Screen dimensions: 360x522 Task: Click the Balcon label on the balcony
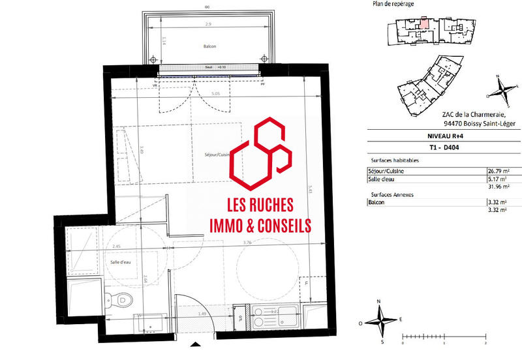[209, 46]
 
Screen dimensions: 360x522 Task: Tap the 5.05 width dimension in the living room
[216, 93]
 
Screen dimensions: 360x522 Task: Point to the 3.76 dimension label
[247, 243]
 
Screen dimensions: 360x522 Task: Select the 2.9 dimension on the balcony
[207, 23]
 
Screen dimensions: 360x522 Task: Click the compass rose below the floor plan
[379, 321]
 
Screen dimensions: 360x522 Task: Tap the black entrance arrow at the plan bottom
[194, 344]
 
